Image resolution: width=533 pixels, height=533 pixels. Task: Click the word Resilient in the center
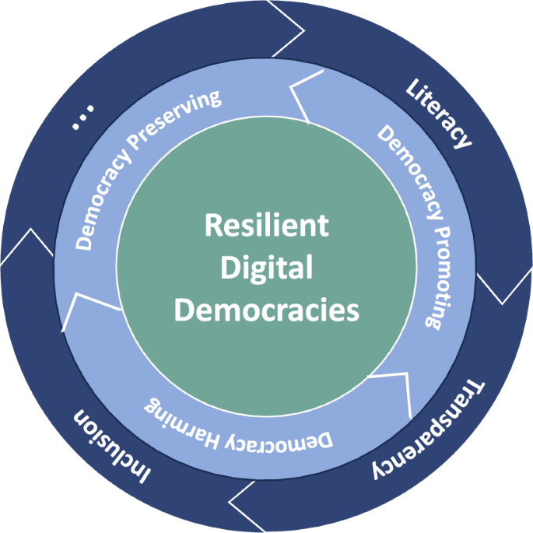point(267,226)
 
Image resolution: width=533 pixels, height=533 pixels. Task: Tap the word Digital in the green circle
point(267,268)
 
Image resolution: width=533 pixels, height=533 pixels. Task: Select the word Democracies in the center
point(267,310)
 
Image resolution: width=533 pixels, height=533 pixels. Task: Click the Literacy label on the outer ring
point(438,112)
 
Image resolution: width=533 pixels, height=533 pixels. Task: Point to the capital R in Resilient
point(212,226)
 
